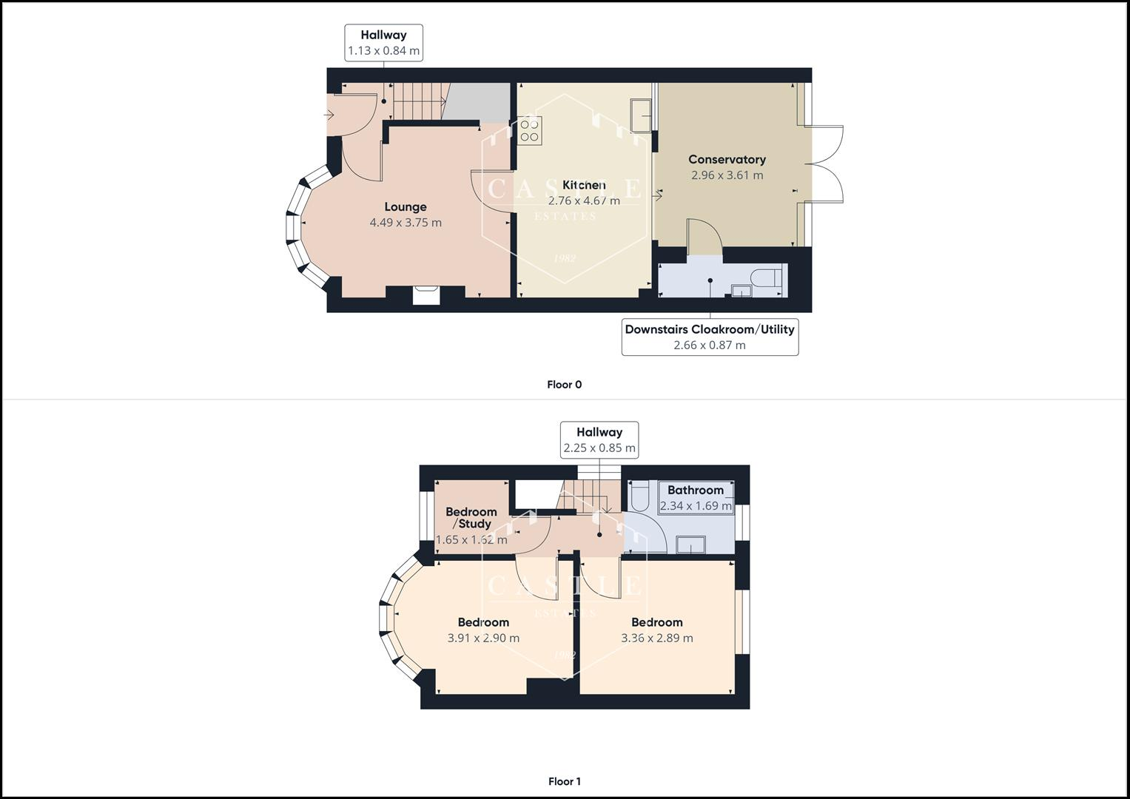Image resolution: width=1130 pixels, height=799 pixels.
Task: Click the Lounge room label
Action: (405, 207)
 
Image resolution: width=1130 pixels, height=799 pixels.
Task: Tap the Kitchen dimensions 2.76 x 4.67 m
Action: (584, 201)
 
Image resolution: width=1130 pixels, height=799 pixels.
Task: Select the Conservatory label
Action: (727, 159)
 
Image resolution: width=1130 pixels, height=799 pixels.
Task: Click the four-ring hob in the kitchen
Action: (529, 131)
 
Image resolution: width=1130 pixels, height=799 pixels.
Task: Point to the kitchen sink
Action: (641, 115)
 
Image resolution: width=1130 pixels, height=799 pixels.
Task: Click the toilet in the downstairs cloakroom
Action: (765, 279)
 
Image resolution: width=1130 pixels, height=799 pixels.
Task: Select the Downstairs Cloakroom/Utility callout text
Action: (709, 329)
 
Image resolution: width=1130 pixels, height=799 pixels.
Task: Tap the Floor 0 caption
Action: (564, 385)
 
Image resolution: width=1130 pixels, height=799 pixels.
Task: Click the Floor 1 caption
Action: (564, 781)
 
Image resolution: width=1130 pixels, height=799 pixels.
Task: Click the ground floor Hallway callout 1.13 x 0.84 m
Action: (383, 43)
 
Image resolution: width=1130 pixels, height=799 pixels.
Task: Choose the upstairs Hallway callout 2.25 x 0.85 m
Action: (599, 440)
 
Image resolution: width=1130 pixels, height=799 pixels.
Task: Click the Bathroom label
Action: (695, 490)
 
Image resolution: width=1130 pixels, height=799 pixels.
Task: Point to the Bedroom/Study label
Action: (471, 518)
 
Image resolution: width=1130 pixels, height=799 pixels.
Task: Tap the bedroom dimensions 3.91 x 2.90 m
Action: (483, 638)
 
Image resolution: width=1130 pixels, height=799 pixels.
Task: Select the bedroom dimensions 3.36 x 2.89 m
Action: (656, 638)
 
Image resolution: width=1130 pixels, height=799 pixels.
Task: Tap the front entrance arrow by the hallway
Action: (329, 115)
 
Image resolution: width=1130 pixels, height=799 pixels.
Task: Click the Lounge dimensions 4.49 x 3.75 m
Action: (405, 223)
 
